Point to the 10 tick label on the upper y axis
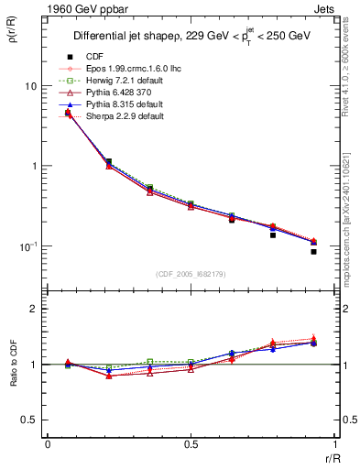[x=30, y=86]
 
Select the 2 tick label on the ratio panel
[x=35, y=310]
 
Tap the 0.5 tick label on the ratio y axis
[x=29, y=420]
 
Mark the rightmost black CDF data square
[x=313, y=251]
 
